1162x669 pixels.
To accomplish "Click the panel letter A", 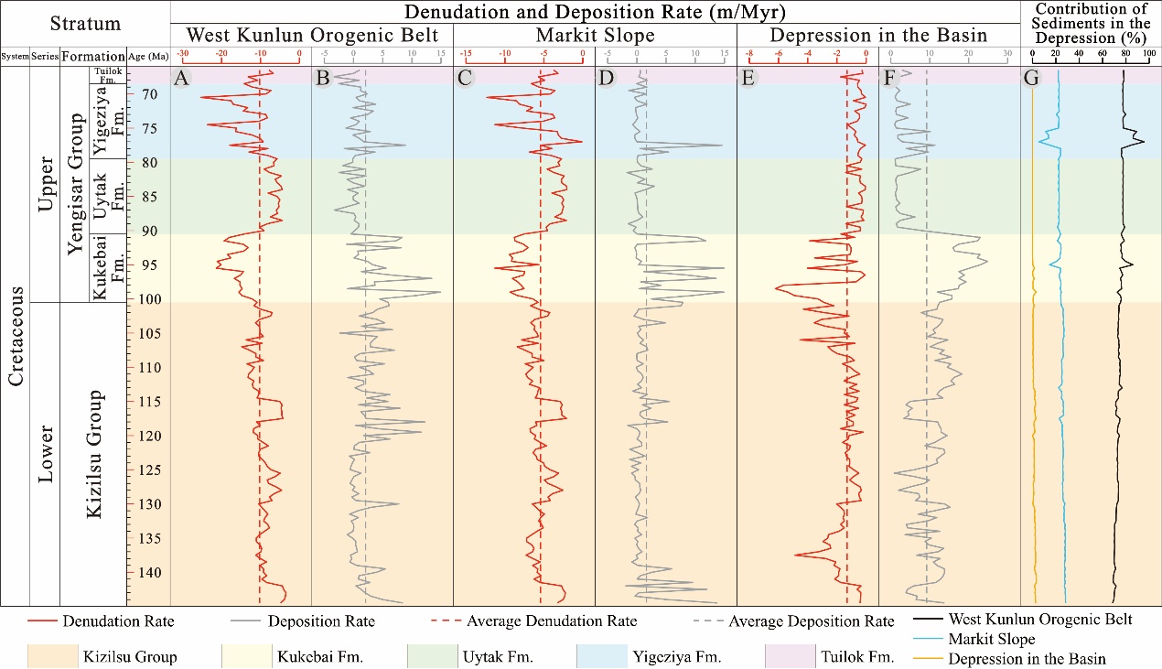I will coord(181,79).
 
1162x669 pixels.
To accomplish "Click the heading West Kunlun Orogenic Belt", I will coord(311,36).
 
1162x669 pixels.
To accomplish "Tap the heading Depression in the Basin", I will coord(878,36).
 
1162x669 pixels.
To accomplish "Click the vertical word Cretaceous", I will coord(16,335).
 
